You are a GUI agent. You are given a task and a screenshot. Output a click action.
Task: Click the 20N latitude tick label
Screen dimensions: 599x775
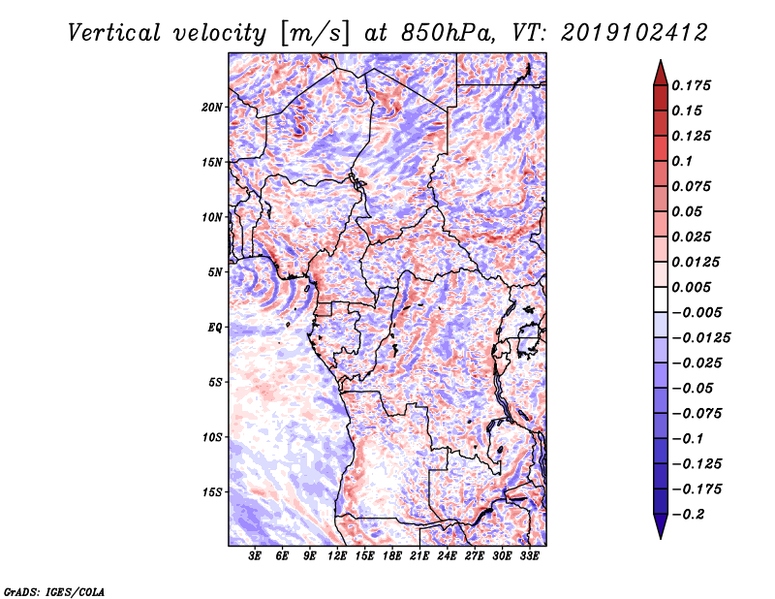pyautogui.click(x=212, y=107)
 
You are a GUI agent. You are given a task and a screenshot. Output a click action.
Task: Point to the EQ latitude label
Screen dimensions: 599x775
pyautogui.click(x=215, y=327)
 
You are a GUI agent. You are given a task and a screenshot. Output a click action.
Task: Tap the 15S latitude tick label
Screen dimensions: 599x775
pyautogui.click(x=212, y=491)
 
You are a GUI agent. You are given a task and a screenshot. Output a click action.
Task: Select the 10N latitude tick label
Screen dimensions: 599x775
pyautogui.click(x=212, y=217)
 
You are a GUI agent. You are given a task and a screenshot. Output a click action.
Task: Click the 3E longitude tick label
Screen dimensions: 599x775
pyautogui.click(x=256, y=556)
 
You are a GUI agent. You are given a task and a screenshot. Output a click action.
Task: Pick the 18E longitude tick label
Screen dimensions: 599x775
pyautogui.click(x=392, y=556)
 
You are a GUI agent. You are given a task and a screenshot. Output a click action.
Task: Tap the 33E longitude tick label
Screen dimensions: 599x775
pyautogui.click(x=529, y=556)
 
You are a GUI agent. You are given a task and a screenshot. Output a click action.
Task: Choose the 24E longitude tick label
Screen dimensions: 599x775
pyautogui.click(x=448, y=556)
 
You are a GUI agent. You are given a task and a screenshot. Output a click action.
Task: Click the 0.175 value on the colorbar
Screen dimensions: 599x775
pyautogui.click(x=692, y=85)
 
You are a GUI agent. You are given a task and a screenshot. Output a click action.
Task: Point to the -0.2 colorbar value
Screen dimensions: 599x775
pyautogui.click(x=687, y=514)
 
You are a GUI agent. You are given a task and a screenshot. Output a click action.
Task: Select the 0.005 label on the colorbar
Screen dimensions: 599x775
pyautogui.click(x=692, y=287)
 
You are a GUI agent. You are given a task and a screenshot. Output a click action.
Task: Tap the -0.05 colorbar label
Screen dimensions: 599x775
pyautogui.click(x=690, y=388)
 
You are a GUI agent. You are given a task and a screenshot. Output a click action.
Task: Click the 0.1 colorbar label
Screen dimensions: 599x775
pyautogui.click(x=682, y=161)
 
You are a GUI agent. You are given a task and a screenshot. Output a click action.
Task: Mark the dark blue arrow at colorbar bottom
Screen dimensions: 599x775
pyautogui.click(x=660, y=528)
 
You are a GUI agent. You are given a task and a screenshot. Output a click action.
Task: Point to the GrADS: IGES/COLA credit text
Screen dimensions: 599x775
pyautogui.click(x=53, y=590)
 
